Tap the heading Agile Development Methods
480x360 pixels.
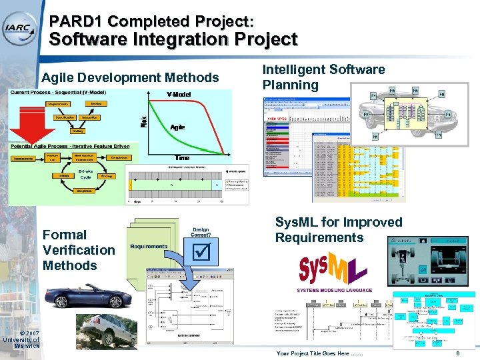point(130,78)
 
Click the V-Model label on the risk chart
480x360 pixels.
point(179,94)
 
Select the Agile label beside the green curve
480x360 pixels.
point(177,126)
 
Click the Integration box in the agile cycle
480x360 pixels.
point(84,191)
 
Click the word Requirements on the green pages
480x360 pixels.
point(148,246)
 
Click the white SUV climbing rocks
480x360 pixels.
point(104,331)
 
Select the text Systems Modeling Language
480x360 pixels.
point(335,291)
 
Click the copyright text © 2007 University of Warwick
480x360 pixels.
point(21,340)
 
